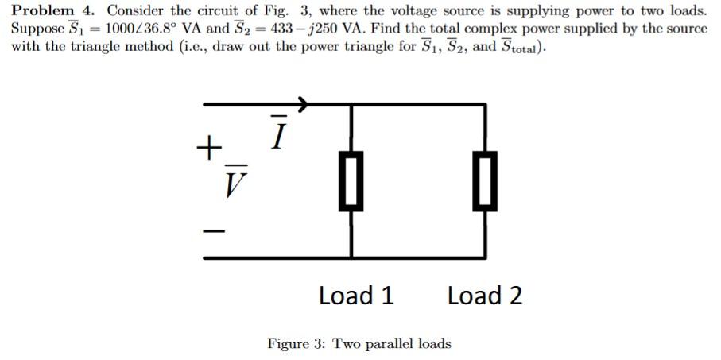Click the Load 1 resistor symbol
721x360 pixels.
[351, 180]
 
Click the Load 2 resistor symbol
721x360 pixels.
[485, 180]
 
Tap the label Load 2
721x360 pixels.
[484, 296]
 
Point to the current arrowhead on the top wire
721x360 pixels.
[303, 103]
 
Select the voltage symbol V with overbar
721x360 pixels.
[233, 184]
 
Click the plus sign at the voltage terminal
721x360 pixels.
[209, 148]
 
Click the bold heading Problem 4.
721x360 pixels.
[54, 11]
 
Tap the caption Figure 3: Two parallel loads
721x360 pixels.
[359, 343]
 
